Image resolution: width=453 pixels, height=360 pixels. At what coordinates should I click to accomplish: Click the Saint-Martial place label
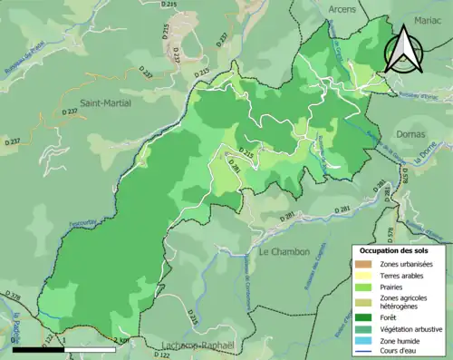[105, 103]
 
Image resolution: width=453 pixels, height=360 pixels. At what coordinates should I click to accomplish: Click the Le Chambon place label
[284, 251]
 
